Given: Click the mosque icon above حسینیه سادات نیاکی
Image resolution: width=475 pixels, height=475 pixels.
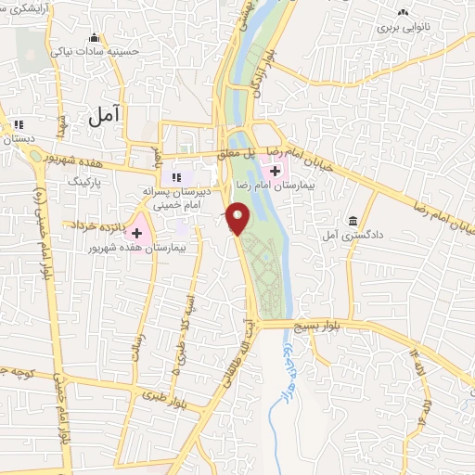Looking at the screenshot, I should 93,38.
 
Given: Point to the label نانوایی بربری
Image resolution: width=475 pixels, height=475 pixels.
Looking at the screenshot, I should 400,29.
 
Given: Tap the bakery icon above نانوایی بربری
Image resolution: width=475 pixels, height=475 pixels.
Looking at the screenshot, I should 403,12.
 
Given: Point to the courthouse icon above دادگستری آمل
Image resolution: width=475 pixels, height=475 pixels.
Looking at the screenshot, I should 353,221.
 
